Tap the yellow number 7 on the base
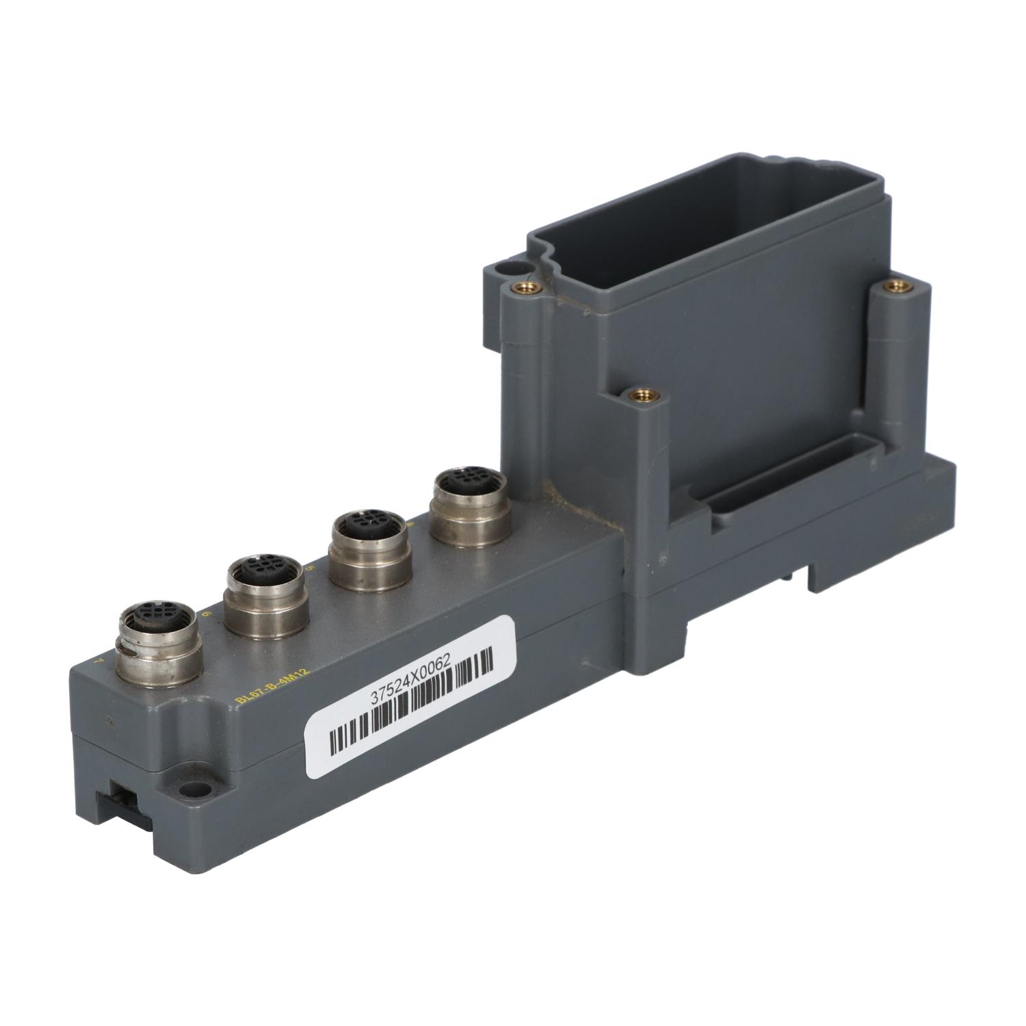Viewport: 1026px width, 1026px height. pos(101,661)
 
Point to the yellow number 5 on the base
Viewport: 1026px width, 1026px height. pos(311,568)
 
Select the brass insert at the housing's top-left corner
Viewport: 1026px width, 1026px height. pos(527,287)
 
